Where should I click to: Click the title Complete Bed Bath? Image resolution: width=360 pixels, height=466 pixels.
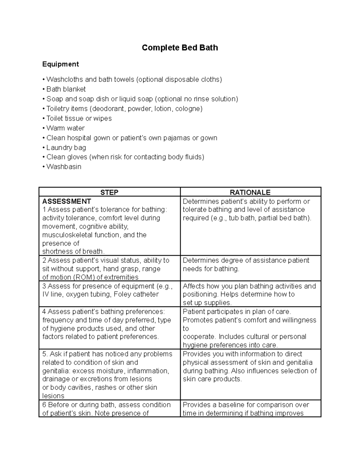[180, 48]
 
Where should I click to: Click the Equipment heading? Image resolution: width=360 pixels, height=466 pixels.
[60, 64]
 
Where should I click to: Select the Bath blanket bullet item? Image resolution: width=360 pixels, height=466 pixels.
[66, 89]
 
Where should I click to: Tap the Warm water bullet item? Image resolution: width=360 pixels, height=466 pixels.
[65, 128]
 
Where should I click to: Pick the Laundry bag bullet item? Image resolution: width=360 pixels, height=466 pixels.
[66, 148]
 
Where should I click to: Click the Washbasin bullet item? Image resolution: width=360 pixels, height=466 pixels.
[64, 167]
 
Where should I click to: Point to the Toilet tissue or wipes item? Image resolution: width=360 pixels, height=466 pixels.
[79, 119]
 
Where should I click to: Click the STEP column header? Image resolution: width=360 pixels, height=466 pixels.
[109, 192]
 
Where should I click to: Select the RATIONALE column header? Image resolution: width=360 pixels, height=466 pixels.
[250, 192]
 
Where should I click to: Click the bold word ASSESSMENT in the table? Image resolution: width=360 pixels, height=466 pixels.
[67, 201]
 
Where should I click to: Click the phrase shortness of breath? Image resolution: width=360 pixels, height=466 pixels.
[73, 251]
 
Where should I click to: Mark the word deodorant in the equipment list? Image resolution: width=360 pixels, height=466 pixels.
[110, 109]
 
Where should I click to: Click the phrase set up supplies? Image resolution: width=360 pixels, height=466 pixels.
[207, 303]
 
